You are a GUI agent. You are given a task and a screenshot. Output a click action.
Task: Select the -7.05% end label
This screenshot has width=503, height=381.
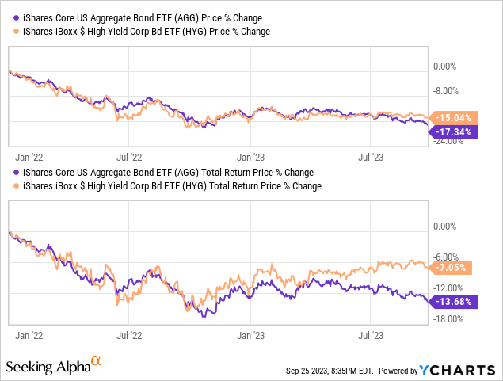(455, 267)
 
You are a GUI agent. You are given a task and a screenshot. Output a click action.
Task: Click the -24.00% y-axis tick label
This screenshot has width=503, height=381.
(449, 142)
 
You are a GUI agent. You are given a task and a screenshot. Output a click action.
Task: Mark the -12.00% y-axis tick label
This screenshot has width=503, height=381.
(449, 288)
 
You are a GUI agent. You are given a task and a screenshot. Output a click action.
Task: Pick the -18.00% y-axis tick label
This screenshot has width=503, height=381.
(449, 318)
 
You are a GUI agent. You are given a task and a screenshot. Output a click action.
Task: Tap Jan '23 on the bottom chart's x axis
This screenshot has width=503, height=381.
(251, 336)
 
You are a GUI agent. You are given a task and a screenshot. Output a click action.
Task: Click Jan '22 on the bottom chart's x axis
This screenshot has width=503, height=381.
(27, 336)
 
